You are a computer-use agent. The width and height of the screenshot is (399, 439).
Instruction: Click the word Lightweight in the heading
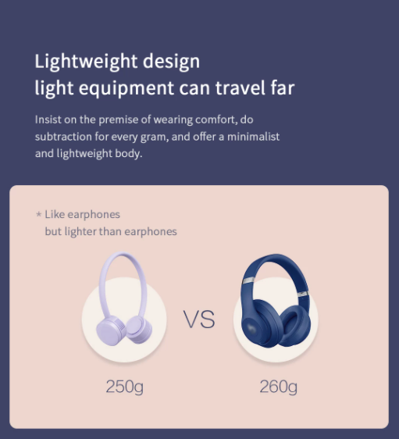pyautogui.click(x=86, y=62)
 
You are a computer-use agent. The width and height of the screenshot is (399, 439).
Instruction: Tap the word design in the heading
pyautogui.click(x=172, y=62)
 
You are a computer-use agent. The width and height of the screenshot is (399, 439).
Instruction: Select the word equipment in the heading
pyautogui.click(x=126, y=88)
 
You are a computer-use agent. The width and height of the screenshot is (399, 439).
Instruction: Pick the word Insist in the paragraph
pyautogui.click(x=48, y=120)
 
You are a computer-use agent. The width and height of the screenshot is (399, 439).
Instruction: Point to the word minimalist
pyautogui.click(x=253, y=137)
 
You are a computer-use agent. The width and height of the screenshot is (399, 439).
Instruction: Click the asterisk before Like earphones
pyautogui.click(x=38, y=215)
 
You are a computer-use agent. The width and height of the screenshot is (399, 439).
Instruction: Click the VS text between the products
pyautogui.click(x=199, y=319)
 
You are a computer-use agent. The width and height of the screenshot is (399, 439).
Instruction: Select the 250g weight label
pyautogui.click(x=124, y=387)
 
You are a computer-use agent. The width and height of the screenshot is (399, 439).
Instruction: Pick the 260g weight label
pyautogui.click(x=279, y=387)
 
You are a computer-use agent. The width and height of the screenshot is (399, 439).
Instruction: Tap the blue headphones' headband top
pyautogui.click(x=276, y=256)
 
